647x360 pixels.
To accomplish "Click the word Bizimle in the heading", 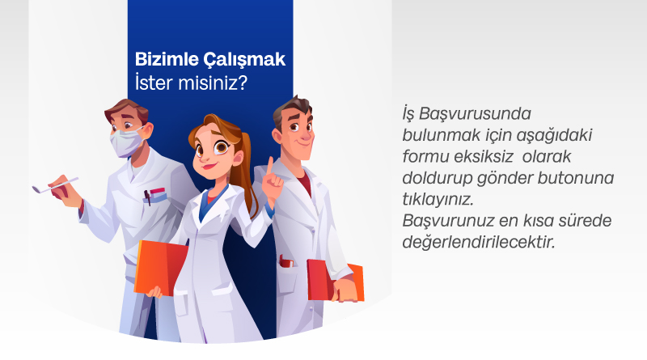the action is pos(167,59).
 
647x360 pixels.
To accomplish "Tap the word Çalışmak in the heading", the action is pos(244,60).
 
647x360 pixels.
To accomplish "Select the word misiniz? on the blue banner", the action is pos(213,83).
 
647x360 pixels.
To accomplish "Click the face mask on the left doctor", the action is pos(126,142).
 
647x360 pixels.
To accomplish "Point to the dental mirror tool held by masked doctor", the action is pos(55,185).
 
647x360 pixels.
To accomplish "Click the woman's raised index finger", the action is pos(270,167).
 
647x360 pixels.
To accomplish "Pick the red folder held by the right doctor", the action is pos(334,280).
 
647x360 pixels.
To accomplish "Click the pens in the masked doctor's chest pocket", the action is pos(154,195).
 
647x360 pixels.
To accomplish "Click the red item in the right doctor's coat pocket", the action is pos(285,261).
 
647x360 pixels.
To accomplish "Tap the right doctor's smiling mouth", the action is pos(305,142).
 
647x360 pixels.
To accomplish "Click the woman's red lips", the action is pos(209,167).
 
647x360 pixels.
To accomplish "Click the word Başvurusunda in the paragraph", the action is pos(475,114).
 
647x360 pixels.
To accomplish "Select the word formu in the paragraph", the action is pos(426,157).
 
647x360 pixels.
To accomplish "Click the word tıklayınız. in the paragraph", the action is pos(438,200).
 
